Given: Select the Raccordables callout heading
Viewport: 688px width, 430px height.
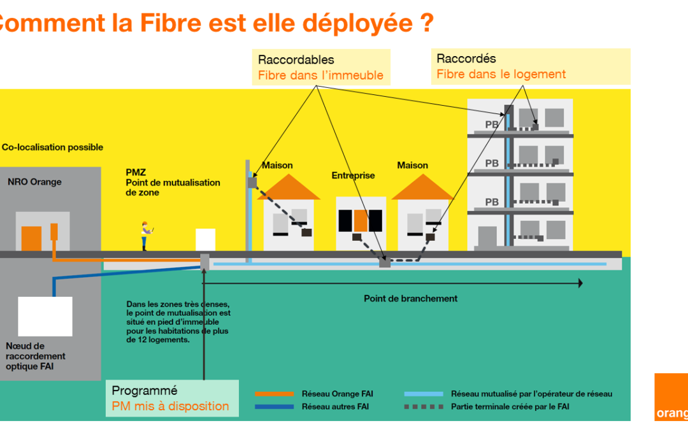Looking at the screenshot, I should pyautogui.click(x=296, y=60).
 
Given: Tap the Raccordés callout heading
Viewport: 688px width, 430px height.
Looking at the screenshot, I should pyautogui.click(x=466, y=59).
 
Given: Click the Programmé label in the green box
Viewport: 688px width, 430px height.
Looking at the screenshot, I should pyautogui.click(x=145, y=391).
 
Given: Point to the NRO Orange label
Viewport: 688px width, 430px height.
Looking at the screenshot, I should pyautogui.click(x=34, y=182).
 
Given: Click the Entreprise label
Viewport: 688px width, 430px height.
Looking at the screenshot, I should pyautogui.click(x=353, y=175).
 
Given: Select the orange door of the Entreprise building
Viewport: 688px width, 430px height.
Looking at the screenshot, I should pyautogui.click(x=361, y=220).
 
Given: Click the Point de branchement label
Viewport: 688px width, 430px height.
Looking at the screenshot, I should pyautogui.click(x=410, y=298).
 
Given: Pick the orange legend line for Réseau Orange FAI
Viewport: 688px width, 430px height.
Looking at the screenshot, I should pyautogui.click(x=274, y=394).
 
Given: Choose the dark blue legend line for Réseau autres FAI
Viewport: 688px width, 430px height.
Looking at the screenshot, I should pyautogui.click(x=274, y=406).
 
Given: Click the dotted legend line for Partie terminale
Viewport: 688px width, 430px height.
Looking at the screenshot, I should pyautogui.click(x=424, y=406).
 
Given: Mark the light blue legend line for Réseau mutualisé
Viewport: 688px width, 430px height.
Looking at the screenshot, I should pyautogui.click(x=424, y=394).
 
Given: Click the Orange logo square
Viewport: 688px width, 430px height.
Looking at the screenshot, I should pyautogui.click(x=671, y=397).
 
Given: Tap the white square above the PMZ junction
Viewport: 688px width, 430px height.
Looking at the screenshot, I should pyautogui.click(x=205, y=240).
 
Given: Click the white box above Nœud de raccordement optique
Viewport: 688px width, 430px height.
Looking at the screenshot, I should pyautogui.click(x=45, y=316).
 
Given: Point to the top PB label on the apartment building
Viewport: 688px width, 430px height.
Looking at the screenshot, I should pyautogui.click(x=492, y=125).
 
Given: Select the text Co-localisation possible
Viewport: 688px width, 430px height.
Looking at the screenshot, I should pyautogui.click(x=52, y=147).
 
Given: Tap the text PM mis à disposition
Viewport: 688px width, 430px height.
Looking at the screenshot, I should pyautogui.click(x=170, y=406).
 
